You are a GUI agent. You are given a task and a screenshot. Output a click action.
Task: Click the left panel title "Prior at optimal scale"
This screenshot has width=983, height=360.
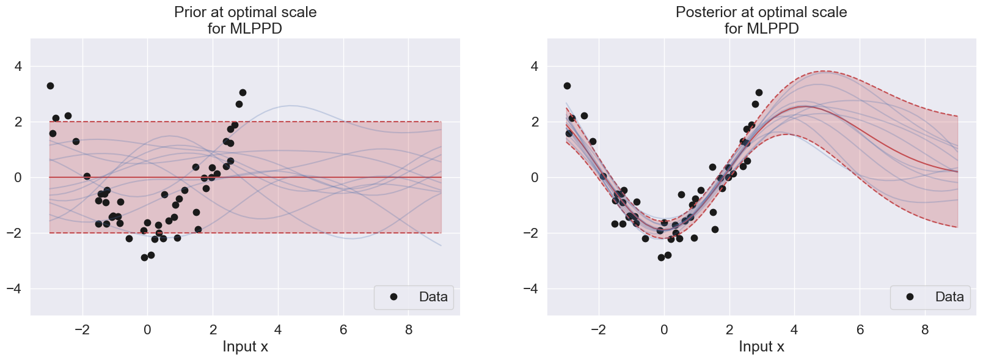pyautogui.click(x=245, y=12)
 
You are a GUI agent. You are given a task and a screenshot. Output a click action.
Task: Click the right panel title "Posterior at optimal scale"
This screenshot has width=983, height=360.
pyautogui.click(x=761, y=12)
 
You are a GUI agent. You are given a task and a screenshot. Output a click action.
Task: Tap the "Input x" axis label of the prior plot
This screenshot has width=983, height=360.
pyautogui.click(x=245, y=347)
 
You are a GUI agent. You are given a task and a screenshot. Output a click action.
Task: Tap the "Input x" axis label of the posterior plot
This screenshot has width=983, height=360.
pyautogui.click(x=761, y=347)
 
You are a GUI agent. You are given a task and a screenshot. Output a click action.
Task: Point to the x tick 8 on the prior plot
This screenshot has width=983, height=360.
pyautogui.click(x=409, y=330)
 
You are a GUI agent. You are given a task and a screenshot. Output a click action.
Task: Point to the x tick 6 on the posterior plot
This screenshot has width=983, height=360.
pyautogui.click(x=860, y=330)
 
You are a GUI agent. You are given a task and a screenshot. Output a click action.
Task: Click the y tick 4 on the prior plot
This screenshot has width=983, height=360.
pyautogui.click(x=17, y=66)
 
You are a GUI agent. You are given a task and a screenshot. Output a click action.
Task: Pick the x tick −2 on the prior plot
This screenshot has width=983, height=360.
pyautogui.click(x=82, y=330)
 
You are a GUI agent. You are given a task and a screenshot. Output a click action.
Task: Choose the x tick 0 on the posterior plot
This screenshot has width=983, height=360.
pyautogui.click(x=664, y=330)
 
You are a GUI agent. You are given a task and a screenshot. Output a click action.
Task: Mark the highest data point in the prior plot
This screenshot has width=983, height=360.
pyautogui.click(x=50, y=86)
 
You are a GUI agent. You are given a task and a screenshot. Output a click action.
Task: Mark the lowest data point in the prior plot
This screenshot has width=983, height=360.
pyautogui.click(x=144, y=257)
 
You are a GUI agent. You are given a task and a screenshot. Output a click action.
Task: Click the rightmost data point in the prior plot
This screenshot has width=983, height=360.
pyautogui.click(x=243, y=92)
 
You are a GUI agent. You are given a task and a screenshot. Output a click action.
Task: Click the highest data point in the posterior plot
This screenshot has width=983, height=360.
pyautogui.click(x=567, y=86)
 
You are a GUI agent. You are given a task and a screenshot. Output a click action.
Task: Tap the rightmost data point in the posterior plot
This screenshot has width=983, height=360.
pyautogui.click(x=759, y=92)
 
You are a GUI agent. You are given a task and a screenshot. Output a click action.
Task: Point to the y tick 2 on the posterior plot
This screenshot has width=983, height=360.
pyautogui.click(x=534, y=122)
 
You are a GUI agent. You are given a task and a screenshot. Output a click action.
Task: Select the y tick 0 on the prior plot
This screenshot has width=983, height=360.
pyautogui.click(x=17, y=177)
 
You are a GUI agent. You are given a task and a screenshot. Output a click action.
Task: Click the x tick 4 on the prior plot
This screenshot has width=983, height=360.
pyautogui.click(x=278, y=330)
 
